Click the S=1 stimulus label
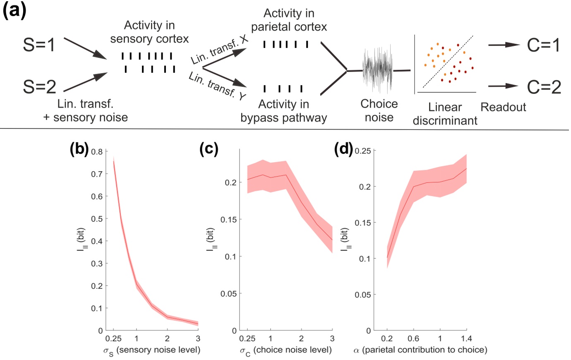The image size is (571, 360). [39, 45]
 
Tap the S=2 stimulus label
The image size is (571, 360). [39, 87]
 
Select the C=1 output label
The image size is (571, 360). [544, 45]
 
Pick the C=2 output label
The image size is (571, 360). [544, 87]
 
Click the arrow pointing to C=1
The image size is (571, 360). [504, 45]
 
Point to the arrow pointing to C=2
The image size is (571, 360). [504, 86]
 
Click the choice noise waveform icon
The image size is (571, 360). [377, 71]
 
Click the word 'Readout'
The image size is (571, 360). [503, 107]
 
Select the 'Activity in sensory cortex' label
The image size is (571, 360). [149, 32]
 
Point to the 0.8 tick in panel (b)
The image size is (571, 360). [97, 151]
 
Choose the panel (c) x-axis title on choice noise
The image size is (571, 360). [286, 350]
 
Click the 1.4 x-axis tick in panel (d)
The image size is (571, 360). [466, 338]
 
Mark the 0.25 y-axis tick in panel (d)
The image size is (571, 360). [362, 151]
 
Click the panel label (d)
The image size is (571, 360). [343, 149]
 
